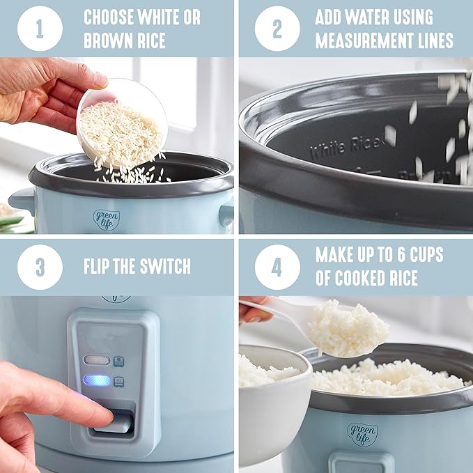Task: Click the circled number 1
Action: tap(40, 29)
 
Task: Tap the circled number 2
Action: tap(277, 29)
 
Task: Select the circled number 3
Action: tap(40, 267)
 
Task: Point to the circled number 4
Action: tap(277, 267)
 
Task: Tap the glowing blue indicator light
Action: tap(97, 380)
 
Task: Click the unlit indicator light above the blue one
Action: tap(97, 360)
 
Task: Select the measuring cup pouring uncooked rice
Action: tap(122, 123)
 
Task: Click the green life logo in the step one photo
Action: tap(107, 219)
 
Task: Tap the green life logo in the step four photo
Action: tap(362, 433)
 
